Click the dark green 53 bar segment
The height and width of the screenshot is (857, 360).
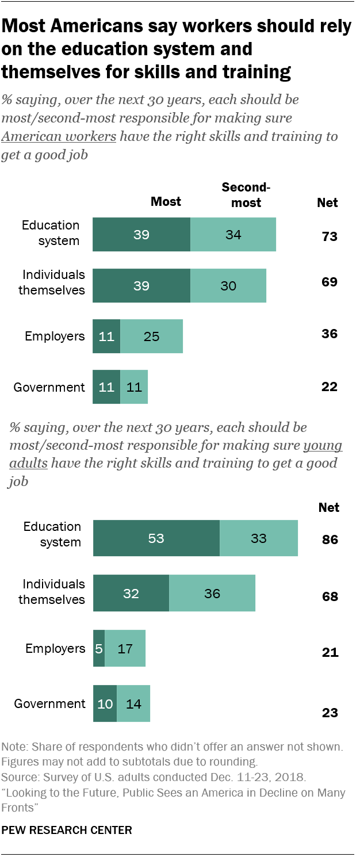pos(156,538)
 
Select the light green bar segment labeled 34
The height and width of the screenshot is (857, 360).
pos(233,234)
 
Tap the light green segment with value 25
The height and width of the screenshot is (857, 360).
pos(151,336)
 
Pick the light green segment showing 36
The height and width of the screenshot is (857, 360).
pos(212,594)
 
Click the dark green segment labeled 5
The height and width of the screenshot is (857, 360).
pos(99,649)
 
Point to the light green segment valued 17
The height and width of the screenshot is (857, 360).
pos(125,649)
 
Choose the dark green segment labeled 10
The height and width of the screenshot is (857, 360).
pos(105,703)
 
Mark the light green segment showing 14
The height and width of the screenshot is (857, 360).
pos(133,703)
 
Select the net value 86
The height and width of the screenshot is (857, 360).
pos(330,540)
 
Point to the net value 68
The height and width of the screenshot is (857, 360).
pos(330,596)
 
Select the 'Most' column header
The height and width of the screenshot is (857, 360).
pos(166,201)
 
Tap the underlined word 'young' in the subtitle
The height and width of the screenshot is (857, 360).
pos(323,445)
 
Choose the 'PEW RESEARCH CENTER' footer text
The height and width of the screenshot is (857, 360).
pos(67,830)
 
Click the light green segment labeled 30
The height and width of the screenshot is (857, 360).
pos(228,285)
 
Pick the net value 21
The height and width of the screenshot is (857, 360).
pos(330,653)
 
